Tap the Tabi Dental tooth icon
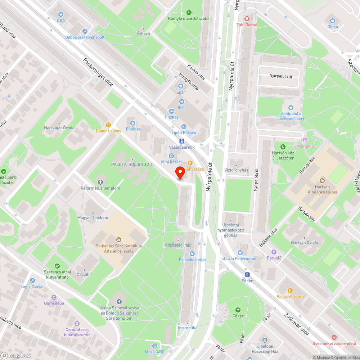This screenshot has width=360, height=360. coord(247,18)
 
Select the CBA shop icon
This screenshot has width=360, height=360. coord(61,14)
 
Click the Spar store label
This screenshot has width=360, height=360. coord(181,92)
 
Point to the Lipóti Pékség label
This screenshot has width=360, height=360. coord(184,133)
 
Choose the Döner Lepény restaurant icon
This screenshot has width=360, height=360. coord(108,124)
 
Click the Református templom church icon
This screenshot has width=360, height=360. coord(100,182)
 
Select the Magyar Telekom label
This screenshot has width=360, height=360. coord(93,218)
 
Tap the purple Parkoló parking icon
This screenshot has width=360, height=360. coord(274,252)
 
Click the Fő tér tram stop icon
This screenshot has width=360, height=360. coord(247,274)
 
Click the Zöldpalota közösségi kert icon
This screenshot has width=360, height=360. coord(291,108)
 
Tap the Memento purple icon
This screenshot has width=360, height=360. coord(305,140)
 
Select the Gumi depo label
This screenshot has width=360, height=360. coord(54,303)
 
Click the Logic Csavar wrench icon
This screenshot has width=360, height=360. coord(32,280)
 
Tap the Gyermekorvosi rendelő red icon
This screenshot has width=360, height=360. coord(335,337)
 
